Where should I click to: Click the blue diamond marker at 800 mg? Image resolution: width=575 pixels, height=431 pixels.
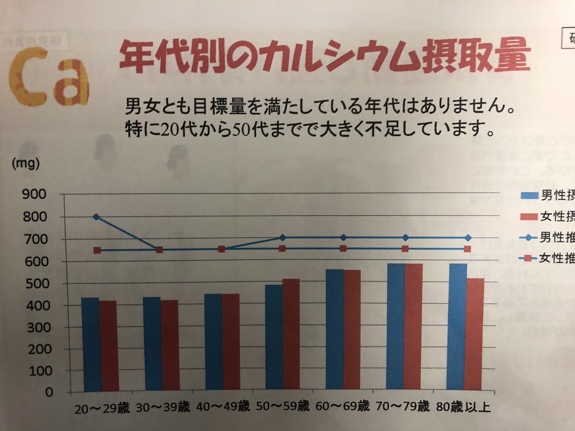coord(96,217)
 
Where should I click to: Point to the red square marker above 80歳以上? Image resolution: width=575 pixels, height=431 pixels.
coord(467,249)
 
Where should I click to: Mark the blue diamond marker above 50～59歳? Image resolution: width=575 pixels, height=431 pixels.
coord(282,238)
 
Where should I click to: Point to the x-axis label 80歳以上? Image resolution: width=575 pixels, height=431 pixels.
coord(463,408)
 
